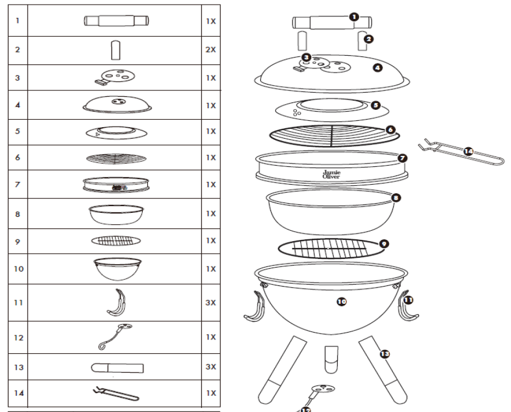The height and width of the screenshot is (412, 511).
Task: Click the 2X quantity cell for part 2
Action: (211, 50)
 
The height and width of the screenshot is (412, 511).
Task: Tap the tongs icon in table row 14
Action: (115, 394)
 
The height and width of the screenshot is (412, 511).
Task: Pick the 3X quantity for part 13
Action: (211, 367)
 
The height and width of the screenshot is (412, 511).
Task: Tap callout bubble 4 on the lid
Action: (377, 67)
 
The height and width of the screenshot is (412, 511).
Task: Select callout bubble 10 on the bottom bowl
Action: (341, 301)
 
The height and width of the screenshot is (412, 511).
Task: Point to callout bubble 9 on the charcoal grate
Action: (384, 243)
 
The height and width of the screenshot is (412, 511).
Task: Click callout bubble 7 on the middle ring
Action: (402, 157)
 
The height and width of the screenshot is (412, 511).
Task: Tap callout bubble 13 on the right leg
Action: (384, 354)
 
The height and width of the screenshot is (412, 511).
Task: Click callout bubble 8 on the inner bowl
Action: (395, 197)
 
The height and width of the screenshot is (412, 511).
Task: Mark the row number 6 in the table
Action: (17, 157)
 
